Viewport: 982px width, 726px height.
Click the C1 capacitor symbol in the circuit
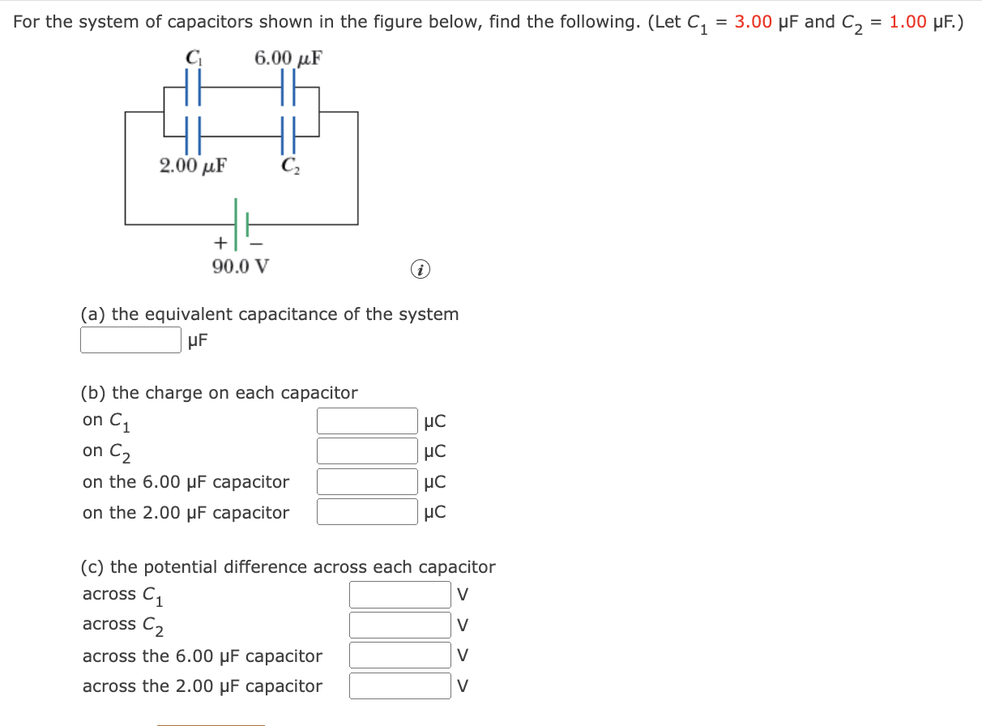pyautogui.click(x=193, y=87)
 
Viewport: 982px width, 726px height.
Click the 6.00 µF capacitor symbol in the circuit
pyautogui.click(x=288, y=87)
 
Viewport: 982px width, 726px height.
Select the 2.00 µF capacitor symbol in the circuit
pyautogui.click(x=193, y=135)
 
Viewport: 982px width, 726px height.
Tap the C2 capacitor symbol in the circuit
pyautogui.click(x=288, y=135)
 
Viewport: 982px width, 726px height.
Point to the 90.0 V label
pyautogui.click(x=241, y=266)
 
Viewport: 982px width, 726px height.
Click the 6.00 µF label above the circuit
pyautogui.click(x=288, y=58)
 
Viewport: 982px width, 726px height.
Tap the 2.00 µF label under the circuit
pyautogui.click(x=193, y=166)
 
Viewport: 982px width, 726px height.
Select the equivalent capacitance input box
pyautogui.click(x=130, y=340)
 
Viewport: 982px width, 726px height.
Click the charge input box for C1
pyautogui.click(x=367, y=421)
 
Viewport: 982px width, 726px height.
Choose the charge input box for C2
pyautogui.click(x=367, y=451)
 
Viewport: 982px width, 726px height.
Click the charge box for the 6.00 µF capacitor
pyautogui.click(x=367, y=481)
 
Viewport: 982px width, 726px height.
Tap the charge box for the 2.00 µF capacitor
pyautogui.click(x=367, y=511)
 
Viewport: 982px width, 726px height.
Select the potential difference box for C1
pyautogui.click(x=399, y=594)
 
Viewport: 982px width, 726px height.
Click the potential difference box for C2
pyautogui.click(x=399, y=625)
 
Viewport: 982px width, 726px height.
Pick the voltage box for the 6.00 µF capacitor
pyautogui.click(x=399, y=655)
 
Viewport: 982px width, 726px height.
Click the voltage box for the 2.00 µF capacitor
pyautogui.click(x=399, y=685)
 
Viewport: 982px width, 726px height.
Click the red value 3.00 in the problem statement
pyautogui.click(x=753, y=22)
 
